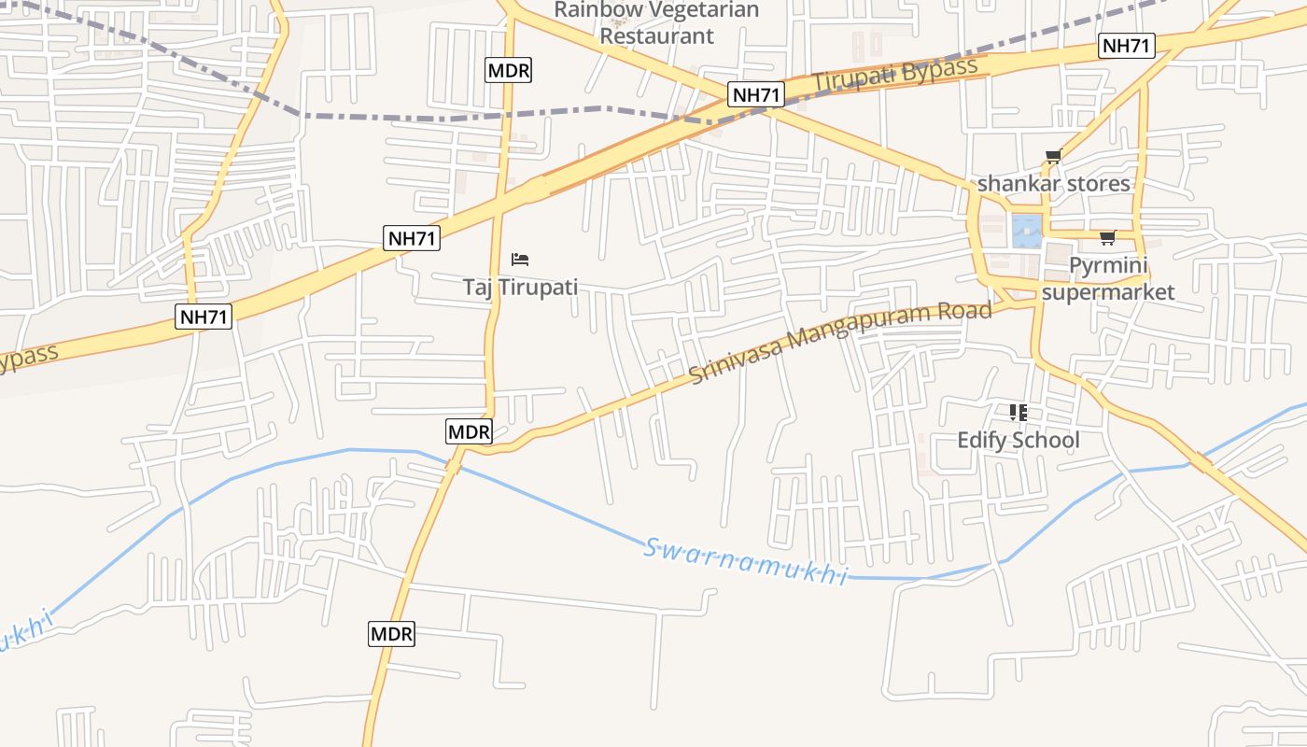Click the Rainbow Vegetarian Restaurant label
coord(656,23)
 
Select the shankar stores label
coord(1053,183)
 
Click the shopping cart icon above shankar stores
coord(1054,157)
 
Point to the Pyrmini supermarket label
coord(1108,278)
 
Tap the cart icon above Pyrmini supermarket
coord(1107,237)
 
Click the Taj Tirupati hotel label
coord(520,287)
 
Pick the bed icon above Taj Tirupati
coord(520,259)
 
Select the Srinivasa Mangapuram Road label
coord(840,342)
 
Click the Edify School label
coord(1018,440)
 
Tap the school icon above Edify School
coord(1018,412)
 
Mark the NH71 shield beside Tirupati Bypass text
coord(756,94)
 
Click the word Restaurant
coord(656,35)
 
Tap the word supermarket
coord(1108,291)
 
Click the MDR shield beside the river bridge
coord(468,431)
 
